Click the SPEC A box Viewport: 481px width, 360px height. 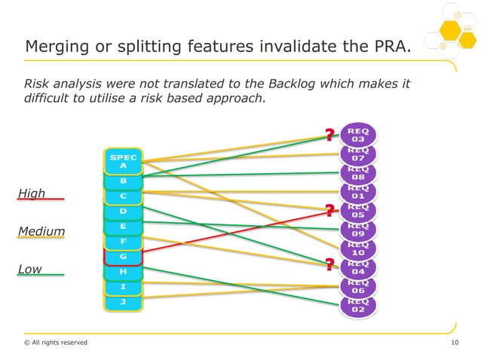click(123, 161)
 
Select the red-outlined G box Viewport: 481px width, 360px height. click(123, 257)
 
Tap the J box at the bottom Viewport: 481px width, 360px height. click(123, 301)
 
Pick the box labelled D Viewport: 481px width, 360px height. click(123, 211)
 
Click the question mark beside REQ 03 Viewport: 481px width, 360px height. click(329, 136)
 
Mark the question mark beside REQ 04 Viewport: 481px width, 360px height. click(329, 264)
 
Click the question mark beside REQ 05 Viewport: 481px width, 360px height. click(329, 210)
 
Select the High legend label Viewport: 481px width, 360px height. click(32, 194)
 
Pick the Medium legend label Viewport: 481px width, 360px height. click(41, 231)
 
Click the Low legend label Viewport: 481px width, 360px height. click(29, 269)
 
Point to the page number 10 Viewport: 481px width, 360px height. click(454, 343)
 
